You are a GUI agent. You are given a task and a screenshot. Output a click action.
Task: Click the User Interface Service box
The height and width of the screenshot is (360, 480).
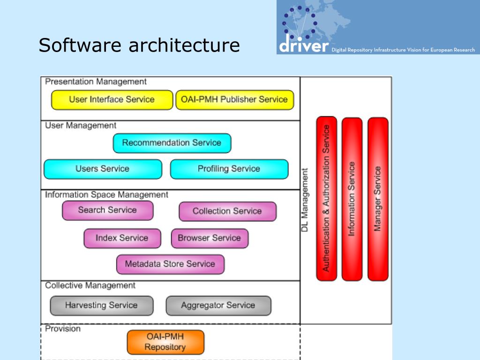[x=112, y=100]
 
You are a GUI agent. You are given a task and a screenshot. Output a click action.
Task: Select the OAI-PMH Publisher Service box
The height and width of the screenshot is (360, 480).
[x=235, y=100]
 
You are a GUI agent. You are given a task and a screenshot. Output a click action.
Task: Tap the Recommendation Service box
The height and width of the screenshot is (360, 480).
[x=172, y=143]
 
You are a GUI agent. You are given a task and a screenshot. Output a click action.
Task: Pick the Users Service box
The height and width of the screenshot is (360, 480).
[x=103, y=169]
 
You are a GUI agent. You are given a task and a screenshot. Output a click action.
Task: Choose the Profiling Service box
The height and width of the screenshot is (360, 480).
[x=229, y=169]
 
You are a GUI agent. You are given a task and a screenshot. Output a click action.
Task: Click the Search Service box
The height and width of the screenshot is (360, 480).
[x=108, y=210]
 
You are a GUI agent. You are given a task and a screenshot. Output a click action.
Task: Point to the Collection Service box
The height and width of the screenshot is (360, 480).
[x=228, y=211]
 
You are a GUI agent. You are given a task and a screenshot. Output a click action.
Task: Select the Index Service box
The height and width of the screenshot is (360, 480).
[x=122, y=238]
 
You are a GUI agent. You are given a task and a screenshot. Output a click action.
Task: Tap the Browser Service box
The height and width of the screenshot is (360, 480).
[x=210, y=238]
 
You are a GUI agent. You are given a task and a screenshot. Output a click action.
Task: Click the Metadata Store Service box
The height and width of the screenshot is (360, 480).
[x=170, y=264]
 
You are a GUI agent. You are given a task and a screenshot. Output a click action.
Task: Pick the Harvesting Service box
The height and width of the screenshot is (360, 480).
[x=102, y=306]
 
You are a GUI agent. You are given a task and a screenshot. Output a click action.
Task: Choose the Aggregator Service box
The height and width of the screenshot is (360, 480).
[x=218, y=306]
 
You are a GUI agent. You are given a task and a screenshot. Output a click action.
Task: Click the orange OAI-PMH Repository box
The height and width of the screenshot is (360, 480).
[x=165, y=342]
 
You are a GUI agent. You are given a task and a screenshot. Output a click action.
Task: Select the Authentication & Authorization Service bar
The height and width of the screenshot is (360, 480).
[x=326, y=198]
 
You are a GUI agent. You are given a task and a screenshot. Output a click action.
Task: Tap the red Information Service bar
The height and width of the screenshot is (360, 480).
[x=352, y=199]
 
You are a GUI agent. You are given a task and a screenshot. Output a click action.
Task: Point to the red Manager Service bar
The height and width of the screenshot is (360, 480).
[x=378, y=199]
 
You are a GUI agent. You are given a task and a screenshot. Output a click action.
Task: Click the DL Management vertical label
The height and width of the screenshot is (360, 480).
[x=305, y=200]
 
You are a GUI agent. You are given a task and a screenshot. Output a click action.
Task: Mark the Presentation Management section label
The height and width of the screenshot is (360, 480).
[x=96, y=82]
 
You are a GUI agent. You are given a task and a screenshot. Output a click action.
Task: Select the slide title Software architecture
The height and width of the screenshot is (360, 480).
[x=139, y=45]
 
